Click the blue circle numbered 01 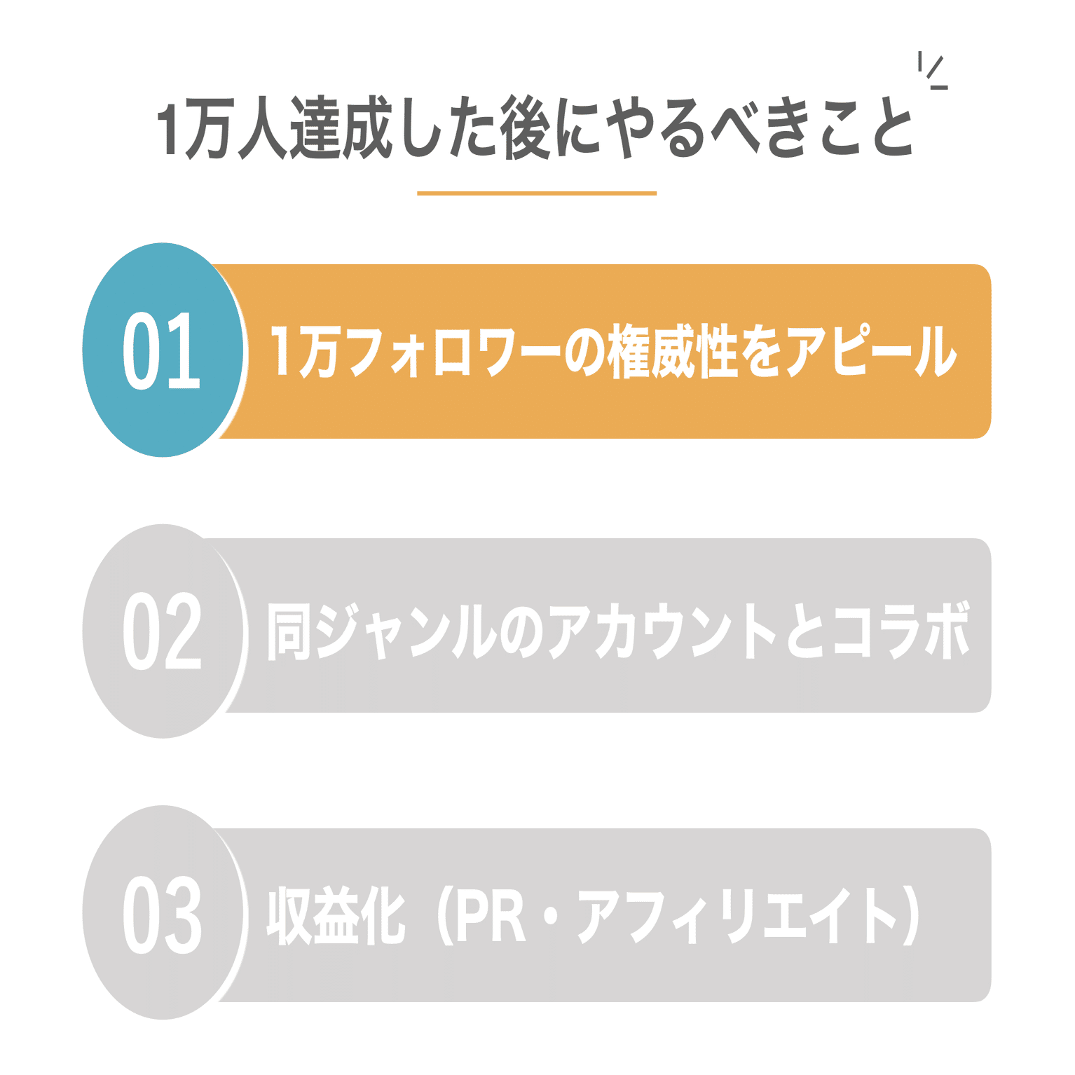coord(163,350)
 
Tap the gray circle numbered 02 coord(163,631)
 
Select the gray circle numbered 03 coord(163,913)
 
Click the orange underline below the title coord(537,193)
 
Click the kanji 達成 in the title coord(340,129)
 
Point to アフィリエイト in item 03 coord(736,915)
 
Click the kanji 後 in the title coord(526,129)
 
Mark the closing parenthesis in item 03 coord(911,915)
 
